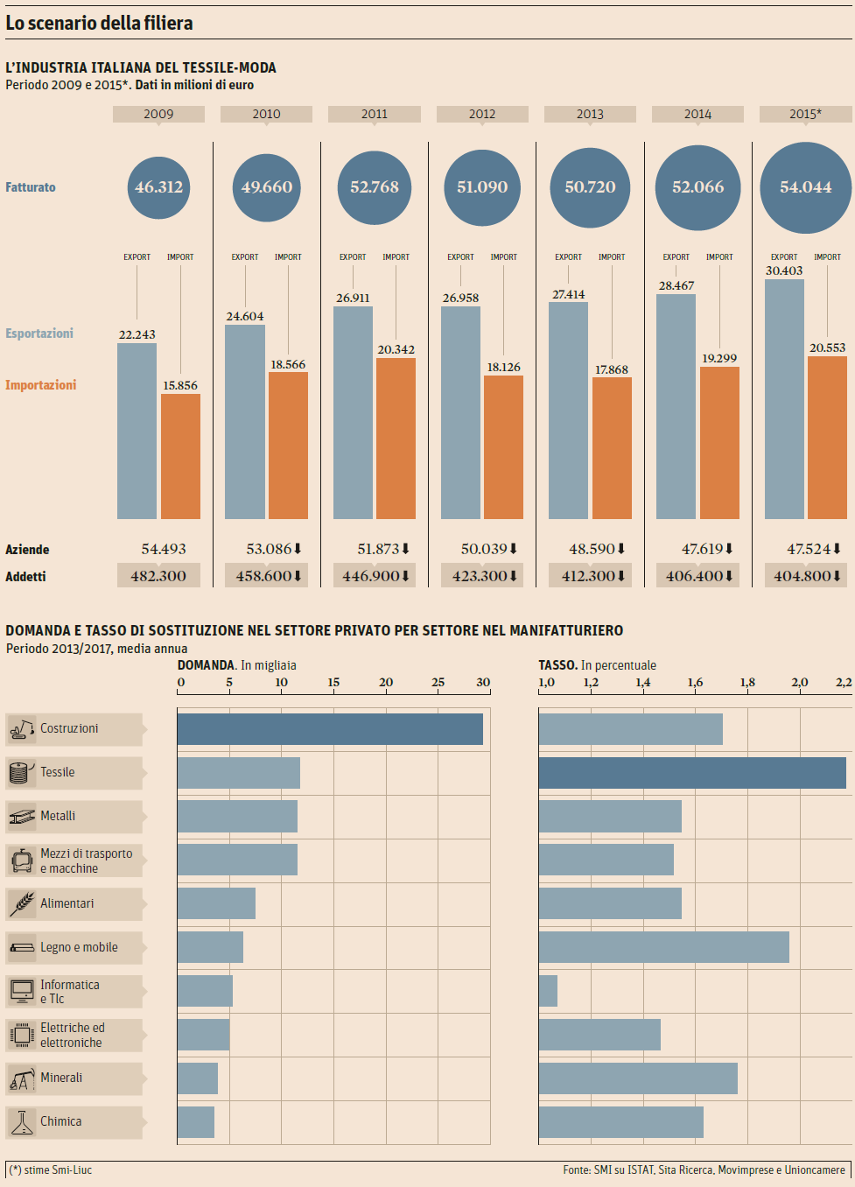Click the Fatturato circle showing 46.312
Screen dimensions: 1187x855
point(158,186)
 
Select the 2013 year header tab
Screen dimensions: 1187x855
point(590,114)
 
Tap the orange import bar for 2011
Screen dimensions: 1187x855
point(396,438)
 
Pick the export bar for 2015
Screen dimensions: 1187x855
point(784,398)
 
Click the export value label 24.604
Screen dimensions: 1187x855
point(245,316)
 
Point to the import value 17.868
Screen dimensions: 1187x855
point(612,369)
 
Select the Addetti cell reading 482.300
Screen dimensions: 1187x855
point(158,576)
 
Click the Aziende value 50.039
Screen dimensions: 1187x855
point(484,549)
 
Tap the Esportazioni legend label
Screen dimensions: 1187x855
point(39,334)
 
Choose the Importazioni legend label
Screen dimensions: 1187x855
point(40,385)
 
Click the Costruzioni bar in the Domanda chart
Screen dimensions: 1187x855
point(330,729)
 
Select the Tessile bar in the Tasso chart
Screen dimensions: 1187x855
point(692,773)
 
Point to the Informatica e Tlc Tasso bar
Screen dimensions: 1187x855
point(548,991)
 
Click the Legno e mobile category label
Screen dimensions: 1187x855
point(79,947)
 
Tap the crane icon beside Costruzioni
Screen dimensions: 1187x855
point(23,728)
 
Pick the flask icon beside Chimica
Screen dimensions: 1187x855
point(22,1122)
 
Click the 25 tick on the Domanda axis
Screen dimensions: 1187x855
point(438,683)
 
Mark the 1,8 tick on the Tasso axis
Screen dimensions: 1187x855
point(747,683)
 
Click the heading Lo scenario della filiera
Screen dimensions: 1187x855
point(99,23)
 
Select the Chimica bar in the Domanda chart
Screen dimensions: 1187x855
point(196,1122)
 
